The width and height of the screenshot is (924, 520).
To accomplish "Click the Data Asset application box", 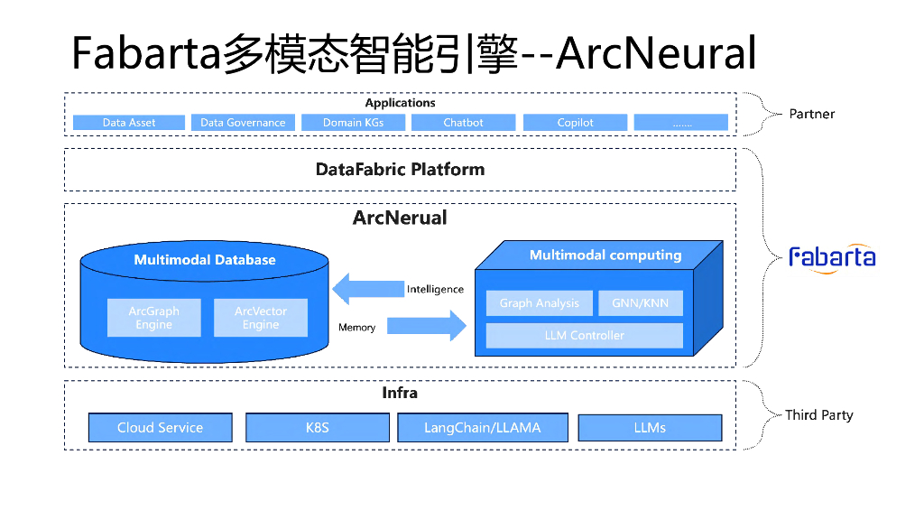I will click(x=129, y=123).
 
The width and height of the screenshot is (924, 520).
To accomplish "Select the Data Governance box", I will click(x=243, y=123).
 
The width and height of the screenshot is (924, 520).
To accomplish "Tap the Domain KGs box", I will click(x=354, y=123).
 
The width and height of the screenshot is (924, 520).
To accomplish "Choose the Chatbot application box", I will click(x=463, y=123).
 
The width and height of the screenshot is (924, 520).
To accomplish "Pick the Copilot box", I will click(x=575, y=123).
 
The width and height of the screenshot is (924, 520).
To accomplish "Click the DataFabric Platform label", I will click(x=400, y=170).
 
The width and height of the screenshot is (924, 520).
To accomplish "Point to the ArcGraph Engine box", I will click(x=153, y=318).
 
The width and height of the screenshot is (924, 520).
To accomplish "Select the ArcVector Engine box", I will click(x=261, y=318).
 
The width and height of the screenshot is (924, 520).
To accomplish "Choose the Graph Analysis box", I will click(x=539, y=303).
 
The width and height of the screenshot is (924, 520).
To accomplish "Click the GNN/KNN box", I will click(x=641, y=303).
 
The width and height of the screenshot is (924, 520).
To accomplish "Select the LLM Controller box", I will click(x=584, y=336).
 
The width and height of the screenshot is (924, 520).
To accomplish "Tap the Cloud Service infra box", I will click(x=160, y=428).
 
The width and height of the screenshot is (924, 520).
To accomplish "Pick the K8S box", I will click(x=317, y=428).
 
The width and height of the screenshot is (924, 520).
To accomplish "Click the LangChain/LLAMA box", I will click(x=483, y=428).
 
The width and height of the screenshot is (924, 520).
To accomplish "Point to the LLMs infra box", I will click(x=650, y=428).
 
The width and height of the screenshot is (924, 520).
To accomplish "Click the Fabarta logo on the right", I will click(x=832, y=257).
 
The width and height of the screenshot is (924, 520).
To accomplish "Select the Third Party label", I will click(x=818, y=415).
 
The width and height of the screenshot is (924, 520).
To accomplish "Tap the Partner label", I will click(x=812, y=114).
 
